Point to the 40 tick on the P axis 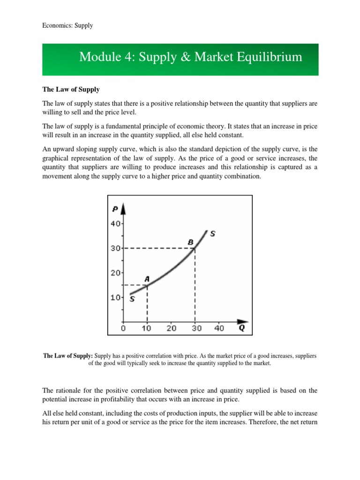coord(115,224)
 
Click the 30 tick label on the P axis coord(115,248)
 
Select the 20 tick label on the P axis coord(115,272)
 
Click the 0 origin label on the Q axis coord(123,328)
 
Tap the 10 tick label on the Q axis coord(147,328)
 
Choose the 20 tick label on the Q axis coord(171,328)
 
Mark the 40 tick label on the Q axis coord(219,328)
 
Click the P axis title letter coord(114,209)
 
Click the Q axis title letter coord(241,328)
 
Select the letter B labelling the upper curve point coord(191,242)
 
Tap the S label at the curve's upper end coord(213,233)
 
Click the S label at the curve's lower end coord(132,300)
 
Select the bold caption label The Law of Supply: coord(68,356)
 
